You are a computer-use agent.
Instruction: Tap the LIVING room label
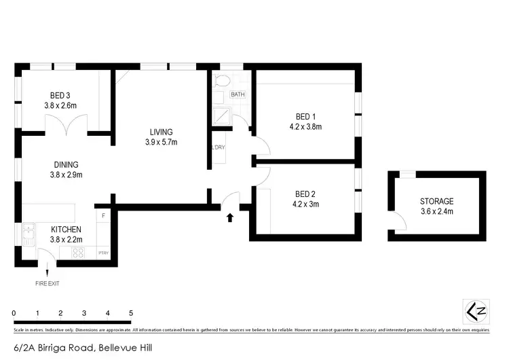point(162,132)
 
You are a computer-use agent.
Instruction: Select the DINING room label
point(67,164)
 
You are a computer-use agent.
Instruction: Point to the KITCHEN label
point(67,230)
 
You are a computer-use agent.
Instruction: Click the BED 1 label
point(304,115)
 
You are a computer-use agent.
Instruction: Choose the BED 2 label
point(304,194)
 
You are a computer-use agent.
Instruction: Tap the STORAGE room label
point(436,201)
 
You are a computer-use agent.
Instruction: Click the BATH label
point(238,94)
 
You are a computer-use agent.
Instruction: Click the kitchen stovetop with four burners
point(78,253)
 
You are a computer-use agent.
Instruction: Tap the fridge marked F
point(104,216)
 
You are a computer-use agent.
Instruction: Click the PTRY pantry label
point(104,253)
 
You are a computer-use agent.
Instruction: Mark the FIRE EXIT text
point(47,282)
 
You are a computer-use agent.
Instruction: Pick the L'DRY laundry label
point(219,147)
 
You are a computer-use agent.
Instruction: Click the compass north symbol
point(475,312)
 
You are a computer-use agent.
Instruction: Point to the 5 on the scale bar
point(131,313)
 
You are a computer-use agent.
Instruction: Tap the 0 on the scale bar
point(14,313)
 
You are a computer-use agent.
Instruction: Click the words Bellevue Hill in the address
point(125,348)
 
